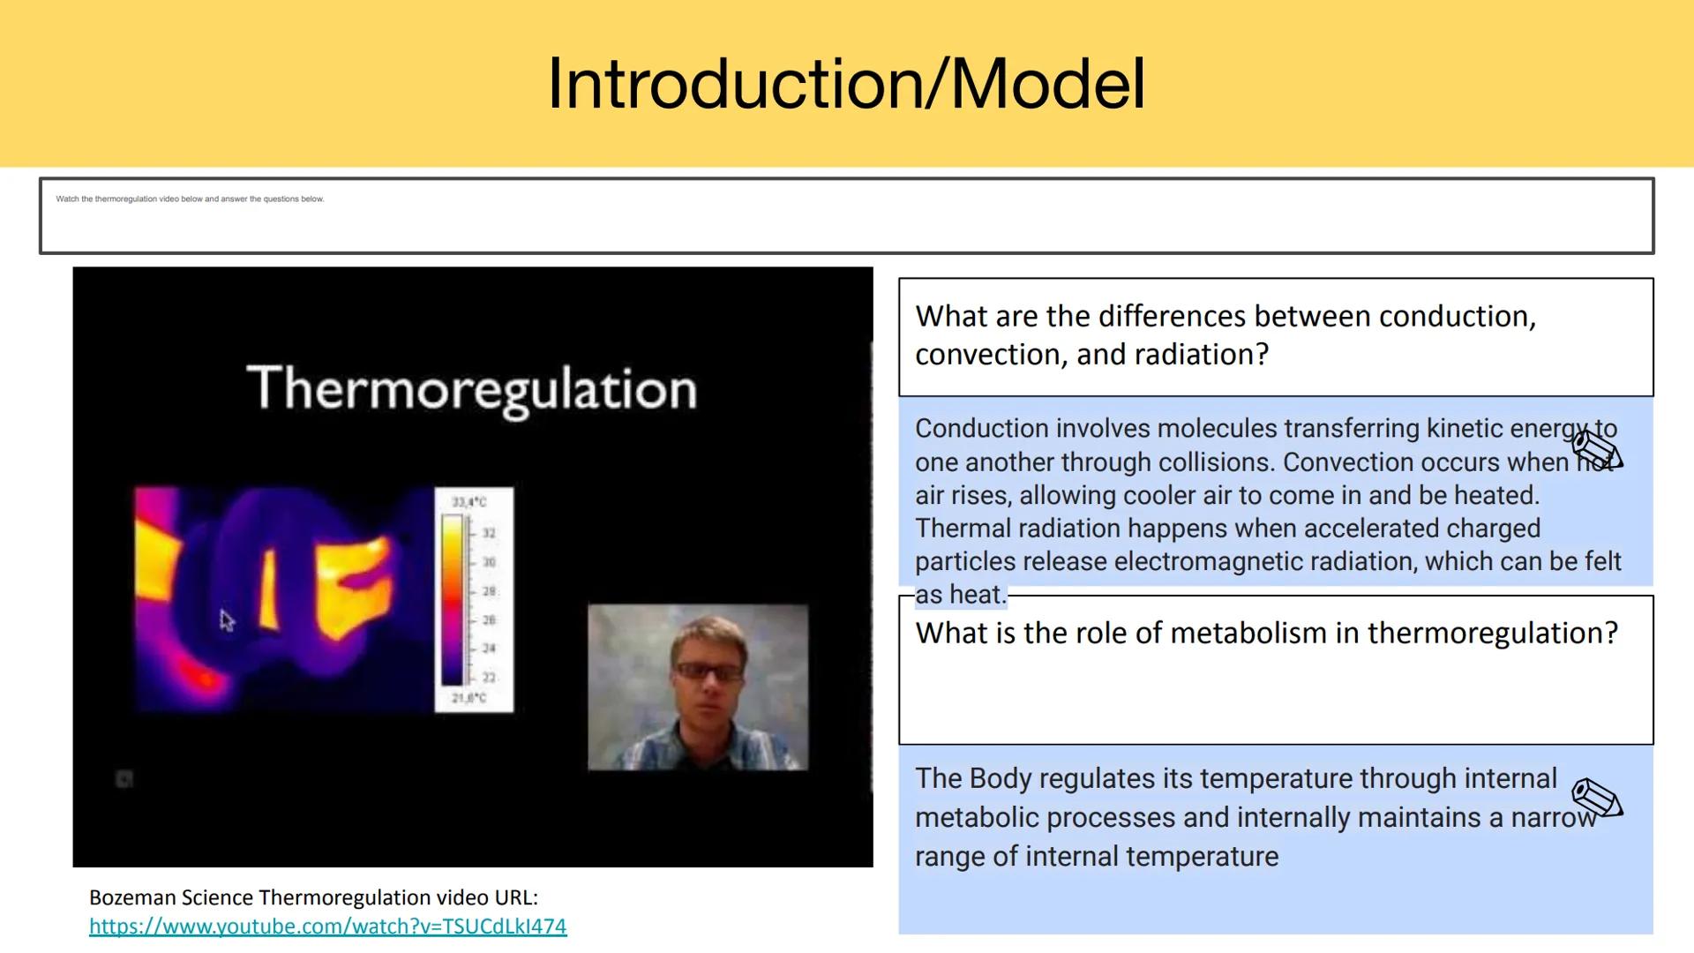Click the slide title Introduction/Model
pos(845,85)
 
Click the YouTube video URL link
pos(327,927)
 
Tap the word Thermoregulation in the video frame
pos(472,389)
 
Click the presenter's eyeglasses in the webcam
pos(708,672)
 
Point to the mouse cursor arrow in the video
pos(227,620)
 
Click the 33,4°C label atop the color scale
pos(468,502)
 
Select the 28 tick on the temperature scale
pos(489,591)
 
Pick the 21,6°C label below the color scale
pos(468,698)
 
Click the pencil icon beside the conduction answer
pos(1597,450)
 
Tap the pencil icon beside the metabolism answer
pos(1597,799)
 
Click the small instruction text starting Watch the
pos(190,199)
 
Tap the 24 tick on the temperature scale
pos(489,649)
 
